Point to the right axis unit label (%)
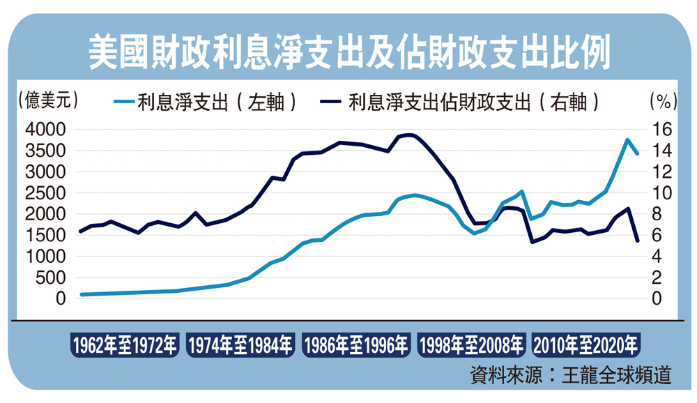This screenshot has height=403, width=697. pyautogui.click(x=659, y=100)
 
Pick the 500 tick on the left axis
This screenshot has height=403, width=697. pyautogui.click(x=51, y=277)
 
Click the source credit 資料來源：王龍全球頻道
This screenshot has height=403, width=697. pyautogui.click(x=571, y=374)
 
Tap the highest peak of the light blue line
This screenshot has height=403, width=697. pyautogui.click(x=627, y=139)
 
